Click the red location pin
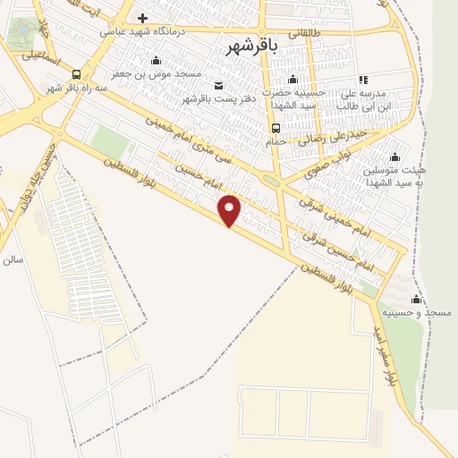(230, 209)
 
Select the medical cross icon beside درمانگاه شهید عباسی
(142, 18)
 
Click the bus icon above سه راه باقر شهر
(76, 75)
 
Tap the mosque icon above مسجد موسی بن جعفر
(157, 60)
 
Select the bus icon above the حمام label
(276, 127)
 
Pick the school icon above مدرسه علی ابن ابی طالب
(363, 80)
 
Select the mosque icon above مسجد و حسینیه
(415, 300)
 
